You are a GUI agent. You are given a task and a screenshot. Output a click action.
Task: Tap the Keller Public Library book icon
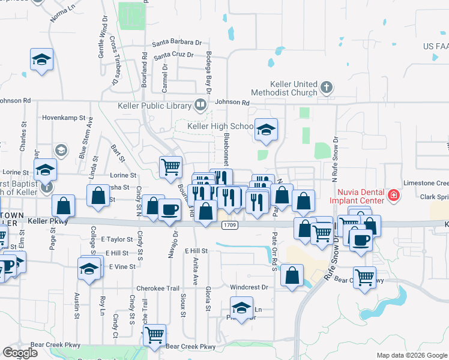(x=200, y=106)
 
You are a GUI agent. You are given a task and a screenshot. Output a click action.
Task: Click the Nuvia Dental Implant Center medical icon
(x=393, y=195)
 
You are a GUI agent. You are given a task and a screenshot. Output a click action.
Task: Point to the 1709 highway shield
(x=228, y=225)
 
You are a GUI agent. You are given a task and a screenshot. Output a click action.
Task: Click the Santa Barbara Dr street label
(x=176, y=43)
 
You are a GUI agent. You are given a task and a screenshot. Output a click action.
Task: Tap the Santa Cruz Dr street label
(x=173, y=56)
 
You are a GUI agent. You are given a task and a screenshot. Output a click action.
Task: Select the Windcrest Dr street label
(x=247, y=287)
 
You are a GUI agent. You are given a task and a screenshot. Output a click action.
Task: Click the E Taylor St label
(x=116, y=239)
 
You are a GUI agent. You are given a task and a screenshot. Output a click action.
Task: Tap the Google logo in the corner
(x=20, y=353)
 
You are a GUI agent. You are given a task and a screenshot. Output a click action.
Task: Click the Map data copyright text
(x=412, y=355)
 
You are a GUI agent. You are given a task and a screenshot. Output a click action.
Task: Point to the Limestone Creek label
(x=426, y=183)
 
